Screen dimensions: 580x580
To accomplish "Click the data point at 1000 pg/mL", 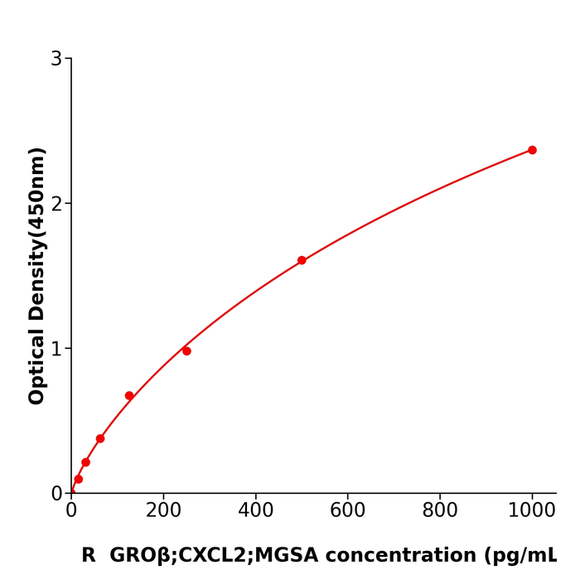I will pyautogui.click(x=532, y=150).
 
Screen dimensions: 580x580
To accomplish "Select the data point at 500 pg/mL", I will pyautogui.click(x=302, y=260).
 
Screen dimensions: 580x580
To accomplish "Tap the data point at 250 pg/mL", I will pyautogui.click(x=186, y=351).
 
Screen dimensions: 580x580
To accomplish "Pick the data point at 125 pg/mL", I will pyautogui.click(x=129, y=396).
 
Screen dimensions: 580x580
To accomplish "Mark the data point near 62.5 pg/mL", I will pyautogui.click(x=100, y=438).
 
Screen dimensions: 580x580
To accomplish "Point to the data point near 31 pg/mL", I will pyautogui.click(x=85, y=462).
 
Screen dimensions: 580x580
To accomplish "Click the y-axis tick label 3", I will pyautogui.click(x=56, y=59).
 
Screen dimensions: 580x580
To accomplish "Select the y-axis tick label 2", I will pyautogui.click(x=56, y=204).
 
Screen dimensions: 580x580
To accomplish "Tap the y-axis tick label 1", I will pyautogui.click(x=56, y=349).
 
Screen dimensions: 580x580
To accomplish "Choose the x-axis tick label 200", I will pyautogui.click(x=163, y=511).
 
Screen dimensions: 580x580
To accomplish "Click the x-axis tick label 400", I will pyautogui.click(x=255, y=511).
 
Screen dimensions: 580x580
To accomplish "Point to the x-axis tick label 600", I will pyautogui.click(x=347, y=511).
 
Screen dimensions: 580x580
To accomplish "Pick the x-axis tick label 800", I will pyautogui.click(x=439, y=511).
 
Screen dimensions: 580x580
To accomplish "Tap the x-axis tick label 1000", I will pyautogui.click(x=531, y=511).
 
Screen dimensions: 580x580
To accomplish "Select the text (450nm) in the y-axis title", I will pyautogui.click(x=37, y=192).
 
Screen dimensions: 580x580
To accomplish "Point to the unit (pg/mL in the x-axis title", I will pyautogui.click(x=524, y=556).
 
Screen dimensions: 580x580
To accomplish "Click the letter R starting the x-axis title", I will pyautogui.click(x=89, y=556).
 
